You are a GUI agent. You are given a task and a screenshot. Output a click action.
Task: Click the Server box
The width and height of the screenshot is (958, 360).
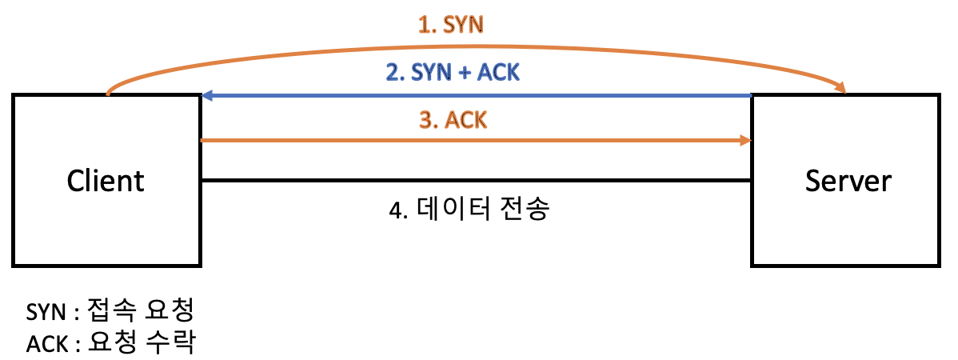click(x=848, y=232)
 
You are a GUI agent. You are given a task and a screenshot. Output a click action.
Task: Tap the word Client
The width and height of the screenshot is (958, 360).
click(x=106, y=181)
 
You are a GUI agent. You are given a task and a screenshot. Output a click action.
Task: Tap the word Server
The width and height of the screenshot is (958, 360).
click(x=848, y=181)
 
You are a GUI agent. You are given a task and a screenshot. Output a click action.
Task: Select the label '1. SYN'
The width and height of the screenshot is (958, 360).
click(x=453, y=26)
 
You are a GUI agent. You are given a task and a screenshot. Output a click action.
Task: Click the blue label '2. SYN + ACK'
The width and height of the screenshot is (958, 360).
click(x=453, y=73)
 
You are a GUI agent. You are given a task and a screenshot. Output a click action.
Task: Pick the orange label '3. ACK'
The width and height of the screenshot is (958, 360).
click(x=453, y=120)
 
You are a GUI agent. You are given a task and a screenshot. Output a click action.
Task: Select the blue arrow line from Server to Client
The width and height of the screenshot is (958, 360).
click(x=480, y=96)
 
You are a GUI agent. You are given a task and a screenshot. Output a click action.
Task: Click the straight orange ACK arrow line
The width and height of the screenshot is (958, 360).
click(x=480, y=141)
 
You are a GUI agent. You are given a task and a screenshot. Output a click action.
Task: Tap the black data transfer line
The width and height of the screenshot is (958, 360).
click(x=480, y=181)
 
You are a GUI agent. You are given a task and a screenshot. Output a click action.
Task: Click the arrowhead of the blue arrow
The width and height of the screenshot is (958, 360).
click(x=207, y=96)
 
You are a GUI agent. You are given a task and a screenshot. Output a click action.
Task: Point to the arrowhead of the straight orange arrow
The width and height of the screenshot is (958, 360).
click(x=745, y=141)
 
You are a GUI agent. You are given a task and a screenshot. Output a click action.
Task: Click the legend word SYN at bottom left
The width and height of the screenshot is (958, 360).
click(x=44, y=310)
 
